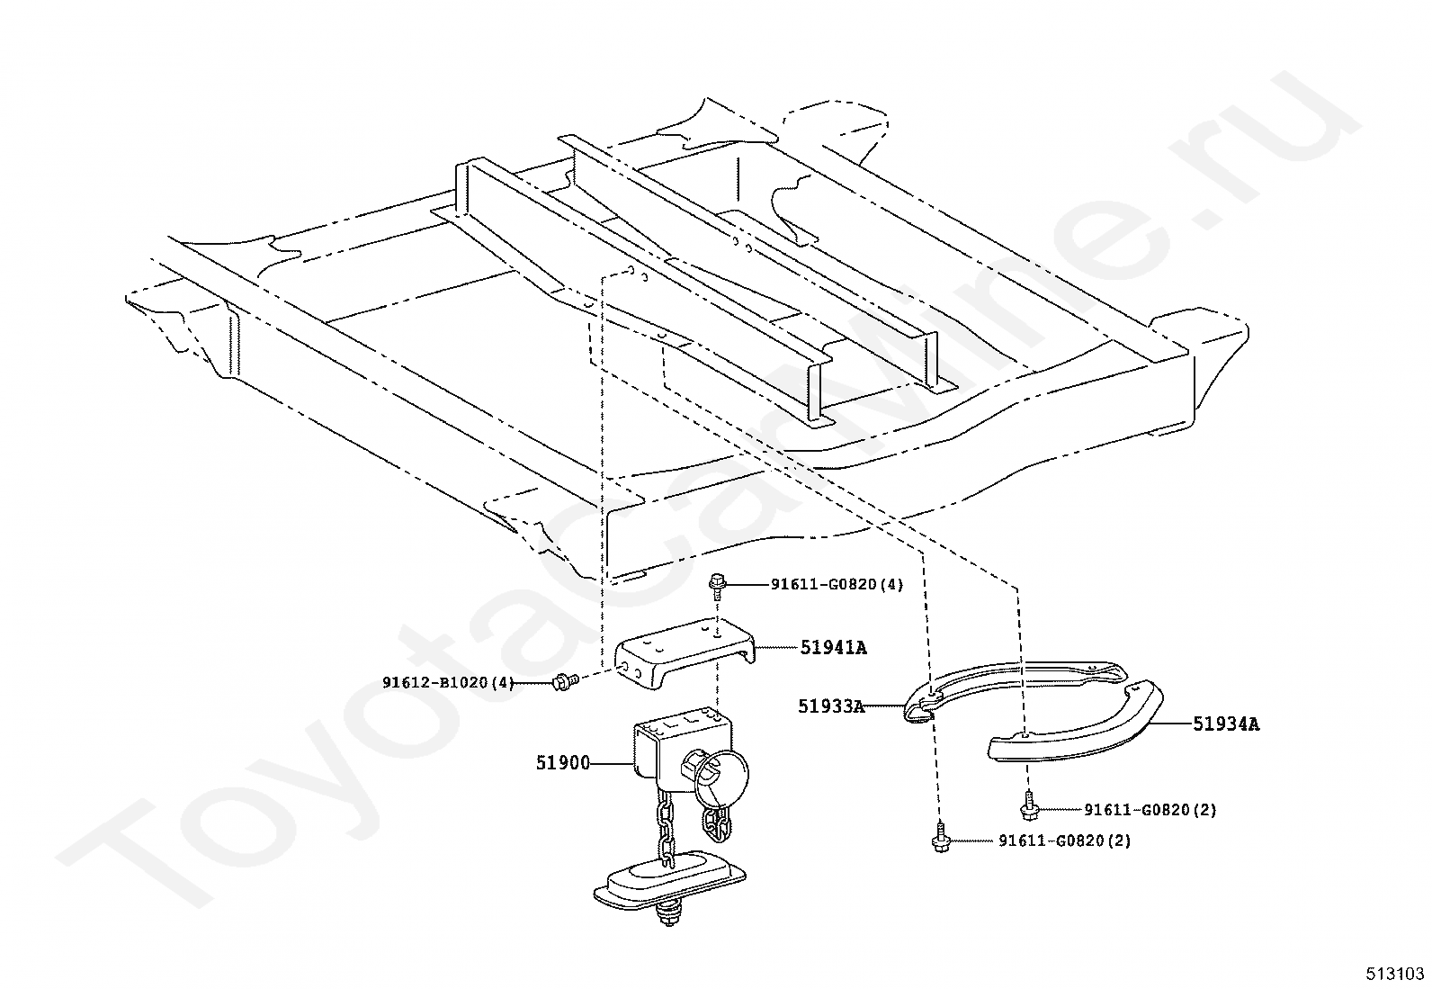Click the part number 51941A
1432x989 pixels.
pos(833,647)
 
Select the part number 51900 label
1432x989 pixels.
pos(562,763)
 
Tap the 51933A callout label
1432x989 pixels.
pos(830,707)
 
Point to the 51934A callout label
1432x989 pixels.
pos(1226,724)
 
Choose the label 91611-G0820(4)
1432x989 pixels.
pos(837,584)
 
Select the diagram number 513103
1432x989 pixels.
pos(1395,974)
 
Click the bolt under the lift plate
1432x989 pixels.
pos(668,917)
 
